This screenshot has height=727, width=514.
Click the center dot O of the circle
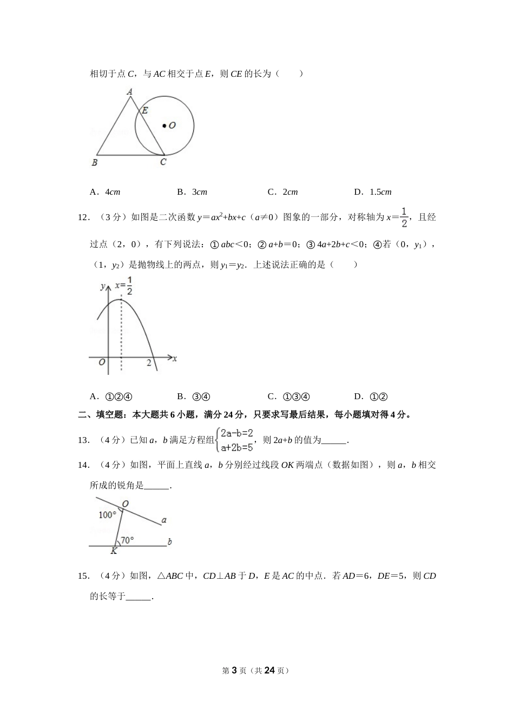(x=164, y=126)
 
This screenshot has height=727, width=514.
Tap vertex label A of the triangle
(x=130, y=92)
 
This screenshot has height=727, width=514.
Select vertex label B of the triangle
(x=94, y=162)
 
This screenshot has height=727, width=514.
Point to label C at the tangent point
(x=163, y=162)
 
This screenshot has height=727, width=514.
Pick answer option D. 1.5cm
(x=373, y=192)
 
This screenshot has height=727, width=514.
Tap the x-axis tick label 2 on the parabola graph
(x=149, y=363)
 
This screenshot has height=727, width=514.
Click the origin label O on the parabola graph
(x=102, y=362)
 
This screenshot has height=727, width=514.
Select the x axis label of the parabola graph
(x=175, y=358)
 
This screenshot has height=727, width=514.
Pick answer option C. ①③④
(x=289, y=396)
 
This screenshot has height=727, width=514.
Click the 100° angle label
(x=107, y=514)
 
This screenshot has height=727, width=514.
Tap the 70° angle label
(x=127, y=540)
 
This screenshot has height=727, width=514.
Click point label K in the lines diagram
(x=114, y=551)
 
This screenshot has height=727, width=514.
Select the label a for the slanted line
(x=164, y=520)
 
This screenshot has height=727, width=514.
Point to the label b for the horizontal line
(x=170, y=541)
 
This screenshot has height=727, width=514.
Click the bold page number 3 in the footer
(x=234, y=670)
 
